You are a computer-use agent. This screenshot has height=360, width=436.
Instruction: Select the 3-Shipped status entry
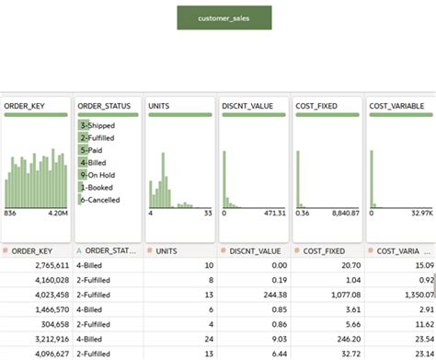pos(97,124)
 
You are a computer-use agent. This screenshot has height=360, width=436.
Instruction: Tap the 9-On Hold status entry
pos(98,174)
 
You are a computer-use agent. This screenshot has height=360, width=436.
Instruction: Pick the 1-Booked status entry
pos(97,187)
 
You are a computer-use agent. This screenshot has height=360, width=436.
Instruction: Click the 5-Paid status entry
pos(93,149)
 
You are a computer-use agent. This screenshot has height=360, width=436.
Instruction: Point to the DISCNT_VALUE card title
pos(247,106)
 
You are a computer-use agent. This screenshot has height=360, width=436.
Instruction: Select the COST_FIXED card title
pos(316,106)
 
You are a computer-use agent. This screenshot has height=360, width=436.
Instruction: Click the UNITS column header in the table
pos(166,250)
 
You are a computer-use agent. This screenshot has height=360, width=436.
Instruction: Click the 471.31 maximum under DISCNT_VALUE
pos(273,213)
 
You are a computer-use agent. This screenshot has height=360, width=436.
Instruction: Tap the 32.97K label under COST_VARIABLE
pos(420,213)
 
